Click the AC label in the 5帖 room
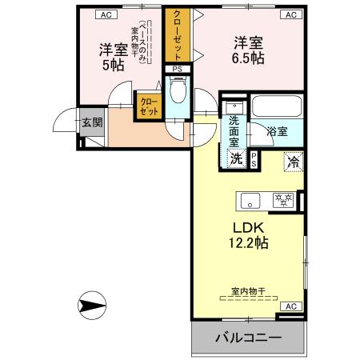pyautogui.click(x=103, y=14)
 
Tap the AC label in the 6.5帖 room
pyautogui.click(x=290, y=14)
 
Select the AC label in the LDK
pyautogui.click(x=290, y=306)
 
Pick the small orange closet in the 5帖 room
pyautogui.click(x=148, y=106)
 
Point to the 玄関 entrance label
pyautogui.click(x=92, y=122)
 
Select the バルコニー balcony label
pyautogui.click(x=248, y=339)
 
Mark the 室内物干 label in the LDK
pyautogui.click(x=247, y=293)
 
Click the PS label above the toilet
pyautogui.click(x=176, y=70)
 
